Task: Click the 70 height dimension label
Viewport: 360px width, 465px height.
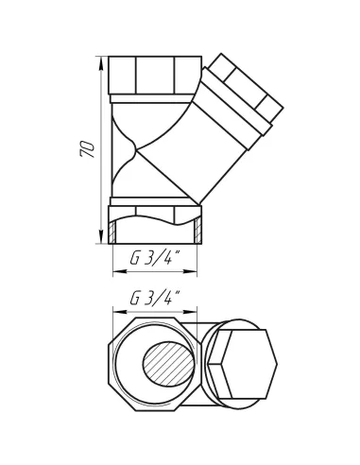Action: (87, 148)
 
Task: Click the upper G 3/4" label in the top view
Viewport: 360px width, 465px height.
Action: (155, 258)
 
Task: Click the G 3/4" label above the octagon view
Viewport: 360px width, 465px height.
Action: (155, 298)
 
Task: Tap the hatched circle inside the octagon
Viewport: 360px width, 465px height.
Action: (168, 364)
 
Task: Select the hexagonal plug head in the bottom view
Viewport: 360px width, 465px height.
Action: (243, 364)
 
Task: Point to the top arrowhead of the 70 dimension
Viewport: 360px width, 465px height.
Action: (101, 63)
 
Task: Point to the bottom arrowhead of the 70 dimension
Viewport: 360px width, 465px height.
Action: (101, 236)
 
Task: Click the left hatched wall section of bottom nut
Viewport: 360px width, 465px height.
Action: (112, 232)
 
